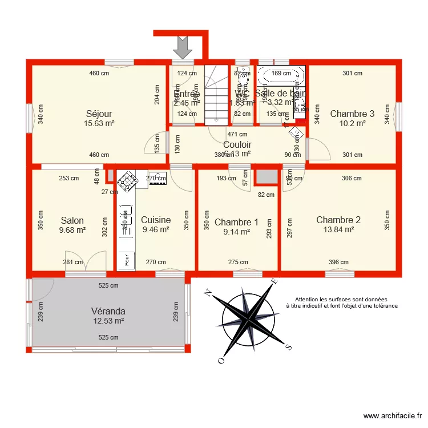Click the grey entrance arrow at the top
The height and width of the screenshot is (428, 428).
183,46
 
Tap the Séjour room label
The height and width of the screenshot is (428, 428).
99,114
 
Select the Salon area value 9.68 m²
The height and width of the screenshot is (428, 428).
72,231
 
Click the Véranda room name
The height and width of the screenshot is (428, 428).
108,311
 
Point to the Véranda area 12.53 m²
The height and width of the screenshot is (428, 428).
108,321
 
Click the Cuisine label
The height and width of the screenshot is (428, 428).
156,220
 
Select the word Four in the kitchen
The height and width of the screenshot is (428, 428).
126,259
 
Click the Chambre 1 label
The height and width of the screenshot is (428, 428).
236,222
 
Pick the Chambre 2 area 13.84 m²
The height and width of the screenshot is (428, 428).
338,229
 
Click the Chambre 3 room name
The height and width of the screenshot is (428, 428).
352,114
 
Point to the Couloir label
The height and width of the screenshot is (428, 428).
237,145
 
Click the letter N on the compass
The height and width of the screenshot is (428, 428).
209,293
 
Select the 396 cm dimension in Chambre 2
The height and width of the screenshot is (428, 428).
338,263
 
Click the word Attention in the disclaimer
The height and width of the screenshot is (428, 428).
308,299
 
